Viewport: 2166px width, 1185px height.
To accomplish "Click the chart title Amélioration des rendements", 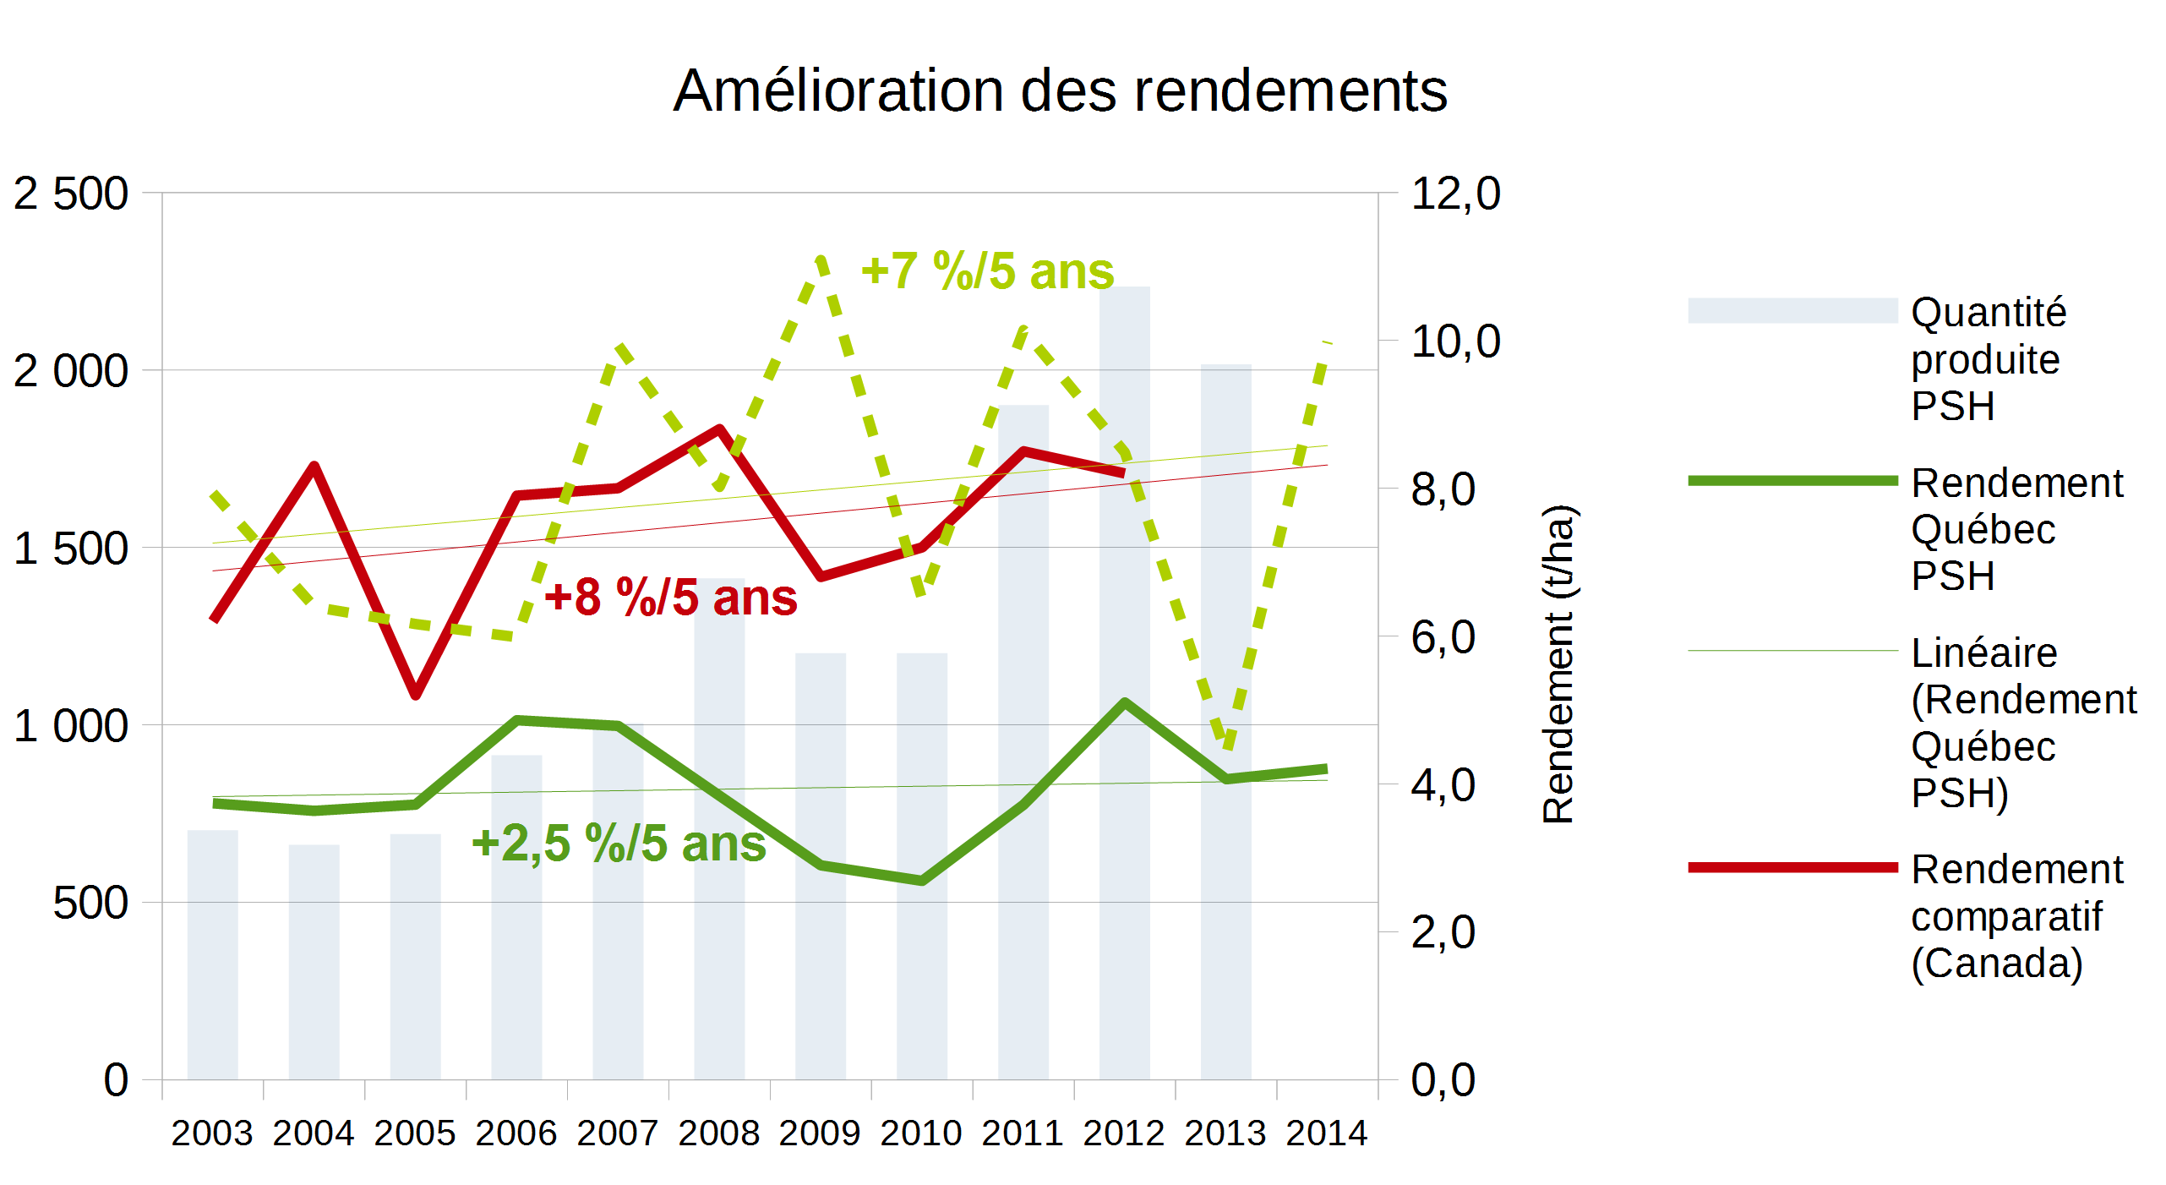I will click(x=1060, y=90).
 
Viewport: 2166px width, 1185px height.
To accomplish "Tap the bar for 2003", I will click(x=212, y=955).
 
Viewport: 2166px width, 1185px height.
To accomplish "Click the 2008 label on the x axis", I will click(x=718, y=1133).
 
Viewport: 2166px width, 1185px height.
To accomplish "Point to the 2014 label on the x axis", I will click(x=1326, y=1133).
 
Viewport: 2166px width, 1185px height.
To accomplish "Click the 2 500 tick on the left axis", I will click(x=71, y=194).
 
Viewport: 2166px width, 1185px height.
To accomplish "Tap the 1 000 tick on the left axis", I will click(x=71, y=726).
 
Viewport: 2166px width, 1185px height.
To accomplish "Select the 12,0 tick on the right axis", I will click(x=1455, y=194).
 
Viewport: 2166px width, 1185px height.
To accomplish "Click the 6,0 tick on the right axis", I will click(x=1443, y=637).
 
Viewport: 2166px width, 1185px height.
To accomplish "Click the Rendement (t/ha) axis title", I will click(x=1558, y=664).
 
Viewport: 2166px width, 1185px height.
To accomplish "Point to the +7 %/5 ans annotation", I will click(x=987, y=271).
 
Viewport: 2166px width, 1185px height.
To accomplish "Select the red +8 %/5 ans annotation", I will click(x=671, y=598).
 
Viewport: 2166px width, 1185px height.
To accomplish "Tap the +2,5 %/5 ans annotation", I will click(x=619, y=844).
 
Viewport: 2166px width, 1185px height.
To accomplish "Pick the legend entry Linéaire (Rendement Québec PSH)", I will click(x=2022, y=723).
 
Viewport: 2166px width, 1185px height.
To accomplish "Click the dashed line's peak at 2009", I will click(x=821, y=259).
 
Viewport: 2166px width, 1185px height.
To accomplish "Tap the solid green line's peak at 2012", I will click(x=1125, y=702).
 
